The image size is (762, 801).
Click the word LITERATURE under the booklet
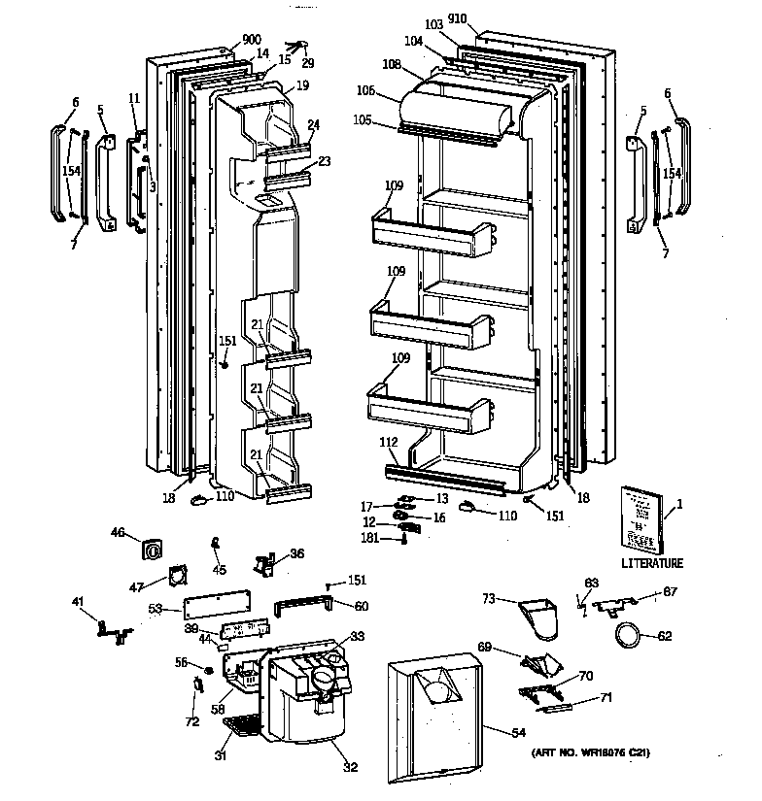[x=652, y=563]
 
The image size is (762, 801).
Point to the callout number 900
[x=225, y=40]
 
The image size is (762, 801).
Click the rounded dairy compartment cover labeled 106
[x=458, y=107]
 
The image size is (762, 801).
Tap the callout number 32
[x=350, y=767]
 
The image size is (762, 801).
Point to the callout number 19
[x=303, y=85]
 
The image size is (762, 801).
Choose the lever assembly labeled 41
[x=113, y=630]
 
